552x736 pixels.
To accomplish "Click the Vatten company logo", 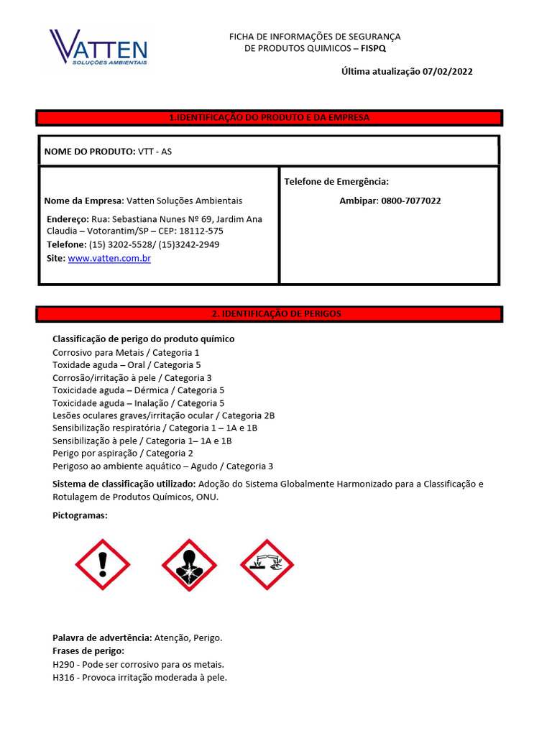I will click(x=98, y=48).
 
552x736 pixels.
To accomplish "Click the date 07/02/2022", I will click(x=448, y=71).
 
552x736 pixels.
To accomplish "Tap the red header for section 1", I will click(x=269, y=117).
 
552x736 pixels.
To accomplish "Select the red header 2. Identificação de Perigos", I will click(x=269, y=314).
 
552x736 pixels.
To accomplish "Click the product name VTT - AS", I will click(x=155, y=152).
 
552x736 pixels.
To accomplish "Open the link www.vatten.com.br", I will click(x=109, y=258).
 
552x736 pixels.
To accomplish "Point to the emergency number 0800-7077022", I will click(x=410, y=201).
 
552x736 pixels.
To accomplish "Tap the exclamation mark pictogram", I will click(x=103, y=566).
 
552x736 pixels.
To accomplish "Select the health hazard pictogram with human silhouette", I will click(x=189, y=566).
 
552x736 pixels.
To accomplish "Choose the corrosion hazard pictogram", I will click(x=267, y=566).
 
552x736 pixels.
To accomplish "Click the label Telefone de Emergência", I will click(x=336, y=182).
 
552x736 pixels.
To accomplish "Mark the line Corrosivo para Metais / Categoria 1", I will click(x=126, y=352).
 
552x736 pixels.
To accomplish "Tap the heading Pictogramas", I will click(x=80, y=516).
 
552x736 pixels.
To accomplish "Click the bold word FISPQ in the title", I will click(x=382, y=48).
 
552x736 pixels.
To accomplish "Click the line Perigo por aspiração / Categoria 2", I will click(x=123, y=454).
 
